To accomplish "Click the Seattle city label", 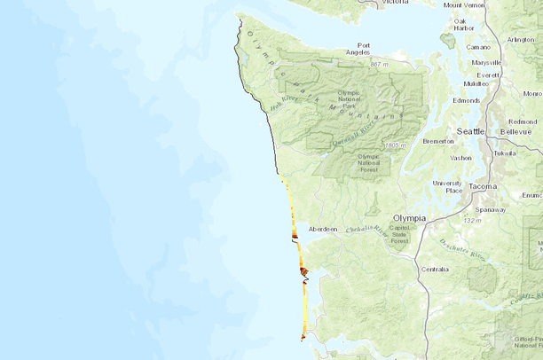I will click(x=470, y=131).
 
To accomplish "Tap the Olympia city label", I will click(x=410, y=218).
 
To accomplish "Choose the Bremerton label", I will click(x=438, y=141).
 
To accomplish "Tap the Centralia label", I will click(x=436, y=269).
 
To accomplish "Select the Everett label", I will click(x=488, y=75).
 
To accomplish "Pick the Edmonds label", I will click(x=466, y=100).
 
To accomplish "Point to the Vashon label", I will click(x=460, y=158).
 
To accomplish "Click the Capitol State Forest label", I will click(x=399, y=234).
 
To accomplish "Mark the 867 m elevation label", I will click(x=380, y=65).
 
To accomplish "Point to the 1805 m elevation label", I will click(x=396, y=145).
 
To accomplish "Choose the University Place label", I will click(x=447, y=186).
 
